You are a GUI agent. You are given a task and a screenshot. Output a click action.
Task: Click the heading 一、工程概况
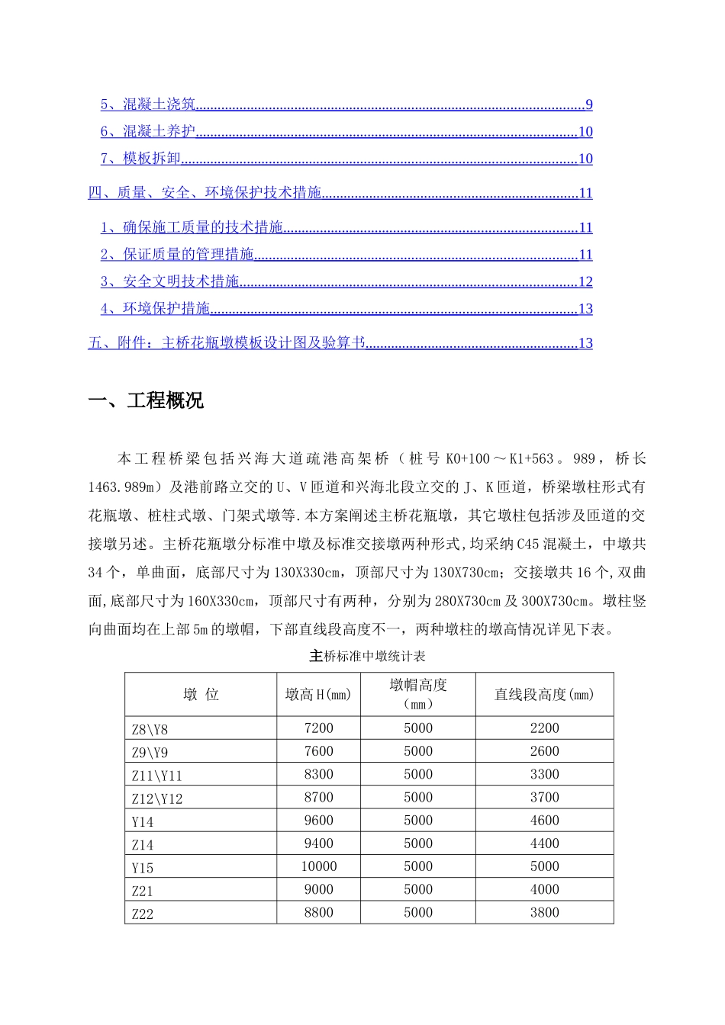(146, 400)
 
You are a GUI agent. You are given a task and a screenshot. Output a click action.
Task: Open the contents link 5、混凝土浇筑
(148, 104)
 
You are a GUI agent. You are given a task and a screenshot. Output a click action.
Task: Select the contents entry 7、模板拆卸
(140, 159)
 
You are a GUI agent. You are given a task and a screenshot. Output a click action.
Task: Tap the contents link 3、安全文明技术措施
(169, 281)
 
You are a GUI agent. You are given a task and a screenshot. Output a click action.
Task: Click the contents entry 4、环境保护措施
(155, 309)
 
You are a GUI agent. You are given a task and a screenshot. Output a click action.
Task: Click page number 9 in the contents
(588, 104)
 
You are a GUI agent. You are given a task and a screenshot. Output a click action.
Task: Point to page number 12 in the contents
(585, 281)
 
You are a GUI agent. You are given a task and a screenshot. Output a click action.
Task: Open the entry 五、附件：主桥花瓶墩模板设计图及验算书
(227, 343)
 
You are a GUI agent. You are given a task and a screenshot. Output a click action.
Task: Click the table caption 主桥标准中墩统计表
(367, 656)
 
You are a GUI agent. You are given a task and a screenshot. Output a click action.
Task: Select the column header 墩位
(201, 694)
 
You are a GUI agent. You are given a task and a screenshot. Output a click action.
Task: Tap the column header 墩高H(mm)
(318, 694)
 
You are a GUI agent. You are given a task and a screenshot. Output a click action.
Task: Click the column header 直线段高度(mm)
(544, 694)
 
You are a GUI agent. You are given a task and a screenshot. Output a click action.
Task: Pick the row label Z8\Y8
(150, 729)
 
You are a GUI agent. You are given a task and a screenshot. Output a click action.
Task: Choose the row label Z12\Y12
(157, 798)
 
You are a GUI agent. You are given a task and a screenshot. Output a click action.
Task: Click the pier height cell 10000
(318, 866)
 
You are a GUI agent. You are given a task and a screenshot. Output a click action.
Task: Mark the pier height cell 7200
(318, 728)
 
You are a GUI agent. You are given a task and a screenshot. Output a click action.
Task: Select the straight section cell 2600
(544, 751)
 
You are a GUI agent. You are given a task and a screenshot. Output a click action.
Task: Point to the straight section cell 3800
(544, 912)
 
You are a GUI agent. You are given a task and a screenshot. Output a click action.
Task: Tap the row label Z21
(143, 891)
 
